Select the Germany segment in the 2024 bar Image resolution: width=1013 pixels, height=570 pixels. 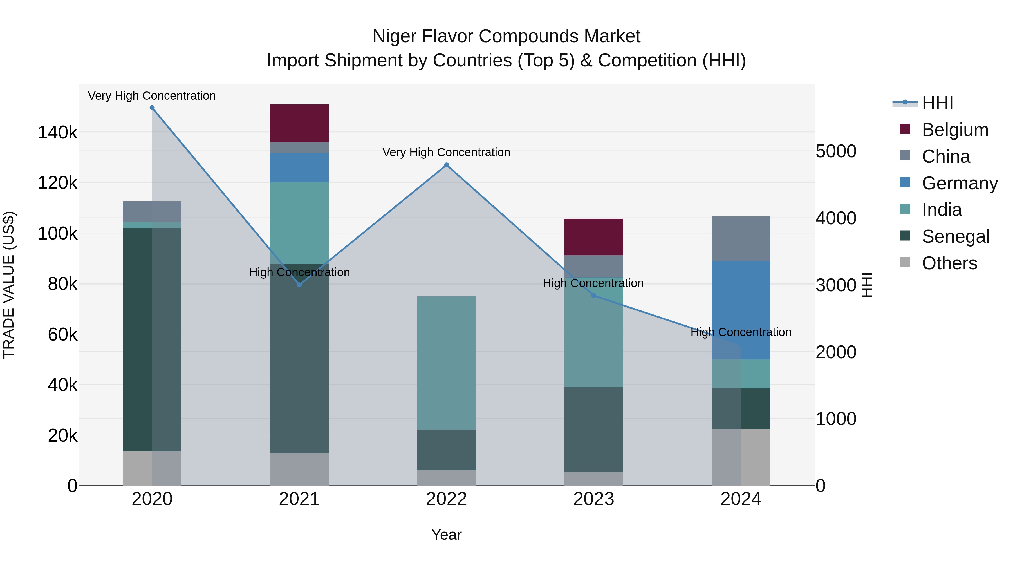pos(741,310)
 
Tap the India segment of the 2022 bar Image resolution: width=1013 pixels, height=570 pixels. pos(446,363)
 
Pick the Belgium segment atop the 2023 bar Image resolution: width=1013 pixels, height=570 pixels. pos(593,237)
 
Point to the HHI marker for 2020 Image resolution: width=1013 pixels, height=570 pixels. pos(152,108)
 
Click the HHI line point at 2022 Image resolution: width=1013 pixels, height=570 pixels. pos(446,165)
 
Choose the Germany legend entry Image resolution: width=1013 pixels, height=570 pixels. pos(959,183)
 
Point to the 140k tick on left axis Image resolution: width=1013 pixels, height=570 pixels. pos(57,133)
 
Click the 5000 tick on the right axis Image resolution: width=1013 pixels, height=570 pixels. pos(836,151)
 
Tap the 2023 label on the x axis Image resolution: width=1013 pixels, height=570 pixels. pos(593,499)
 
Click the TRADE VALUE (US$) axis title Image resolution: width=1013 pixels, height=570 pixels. pos(9,285)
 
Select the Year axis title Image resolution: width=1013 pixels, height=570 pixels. pos(446,535)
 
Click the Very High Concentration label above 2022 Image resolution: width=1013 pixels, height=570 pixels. pos(446,152)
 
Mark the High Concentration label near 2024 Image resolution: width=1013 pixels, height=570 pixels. pos(741,332)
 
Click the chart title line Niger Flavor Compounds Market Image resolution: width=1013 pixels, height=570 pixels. pos(506,36)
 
